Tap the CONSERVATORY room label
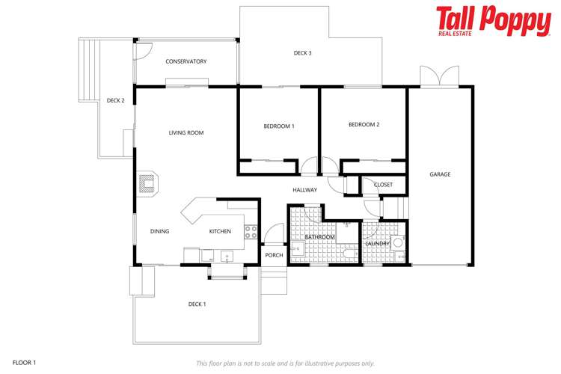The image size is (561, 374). (186, 61)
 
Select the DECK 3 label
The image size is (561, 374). (302, 53)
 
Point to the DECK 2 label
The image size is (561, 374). (115, 100)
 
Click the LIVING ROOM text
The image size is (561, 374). (186, 133)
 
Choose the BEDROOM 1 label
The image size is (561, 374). (278, 126)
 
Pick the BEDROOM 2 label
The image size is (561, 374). (364, 124)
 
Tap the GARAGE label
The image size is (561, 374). (440, 174)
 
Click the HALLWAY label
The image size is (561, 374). (304, 190)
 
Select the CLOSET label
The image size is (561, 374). (383, 185)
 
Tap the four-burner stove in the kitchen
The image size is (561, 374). (251, 231)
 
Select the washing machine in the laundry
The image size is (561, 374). (399, 242)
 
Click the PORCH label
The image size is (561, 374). (274, 255)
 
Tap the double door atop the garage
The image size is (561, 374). (439, 76)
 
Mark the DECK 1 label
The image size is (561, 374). (197, 304)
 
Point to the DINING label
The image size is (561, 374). (159, 231)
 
